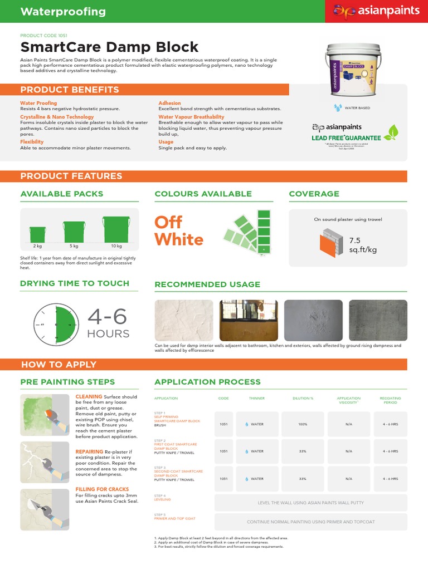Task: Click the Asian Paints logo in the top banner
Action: coord(376,11)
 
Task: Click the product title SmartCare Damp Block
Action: coord(109,47)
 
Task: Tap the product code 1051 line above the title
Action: coord(43,35)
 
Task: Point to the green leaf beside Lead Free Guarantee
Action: coord(393,132)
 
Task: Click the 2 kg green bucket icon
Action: coord(37,233)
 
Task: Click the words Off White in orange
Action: coord(179,231)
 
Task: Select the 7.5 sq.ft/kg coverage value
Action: coord(363,245)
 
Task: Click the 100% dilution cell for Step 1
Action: coord(303,424)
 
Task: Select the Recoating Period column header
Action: coord(390,400)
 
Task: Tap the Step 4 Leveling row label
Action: coord(163,498)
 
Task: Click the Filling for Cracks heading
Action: coord(102,489)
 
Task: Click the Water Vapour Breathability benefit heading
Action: coord(191,117)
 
